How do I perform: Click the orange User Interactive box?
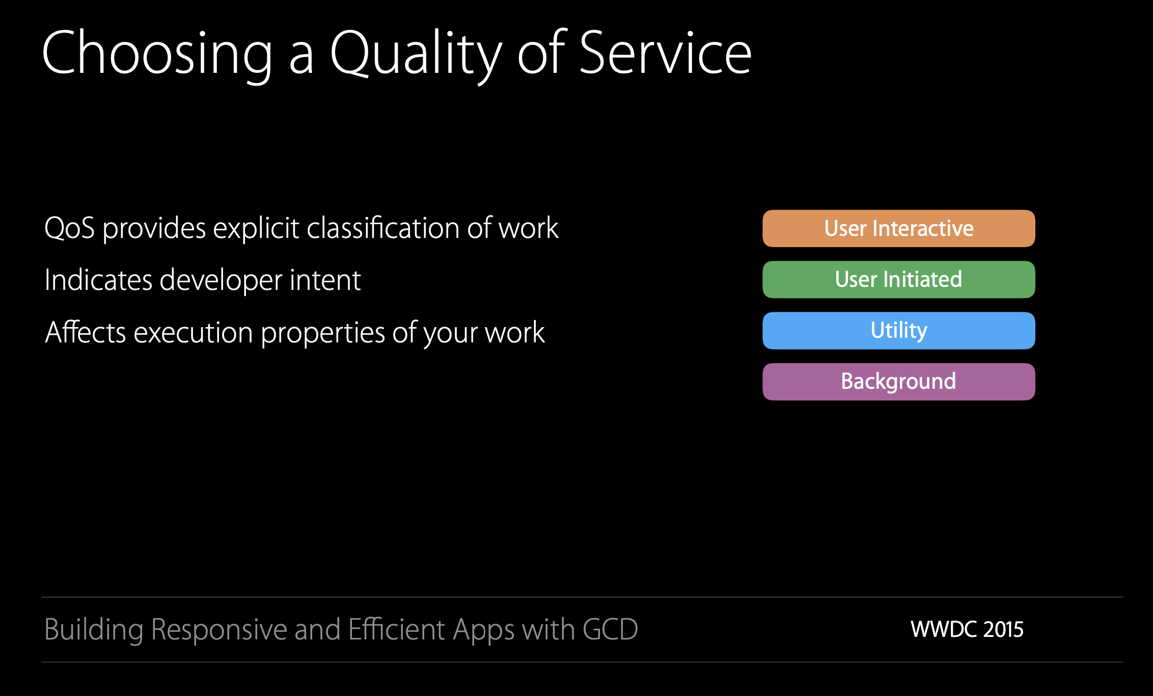(899, 228)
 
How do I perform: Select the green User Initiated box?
(899, 279)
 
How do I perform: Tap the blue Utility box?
(899, 330)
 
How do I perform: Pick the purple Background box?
(899, 382)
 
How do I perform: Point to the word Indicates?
(98, 280)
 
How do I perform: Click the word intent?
(325, 280)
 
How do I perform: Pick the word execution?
(194, 332)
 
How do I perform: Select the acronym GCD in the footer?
(610, 629)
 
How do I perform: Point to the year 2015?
(1003, 630)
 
